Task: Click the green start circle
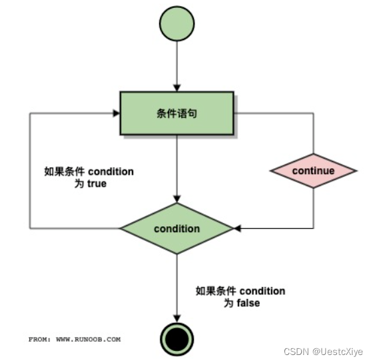(177, 23)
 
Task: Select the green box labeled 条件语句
(177, 113)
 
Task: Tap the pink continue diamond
(313, 171)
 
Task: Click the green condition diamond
(177, 229)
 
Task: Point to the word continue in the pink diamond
(313, 171)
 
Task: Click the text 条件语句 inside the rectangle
(177, 113)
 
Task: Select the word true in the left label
(97, 184)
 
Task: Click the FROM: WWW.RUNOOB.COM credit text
(75, 339)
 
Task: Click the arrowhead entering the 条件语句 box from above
(177, 87)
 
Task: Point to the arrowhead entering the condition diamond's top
(177, 199)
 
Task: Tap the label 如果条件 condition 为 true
(87, 177)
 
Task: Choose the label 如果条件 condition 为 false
(240, 297)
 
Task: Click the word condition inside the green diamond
(177, 229)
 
